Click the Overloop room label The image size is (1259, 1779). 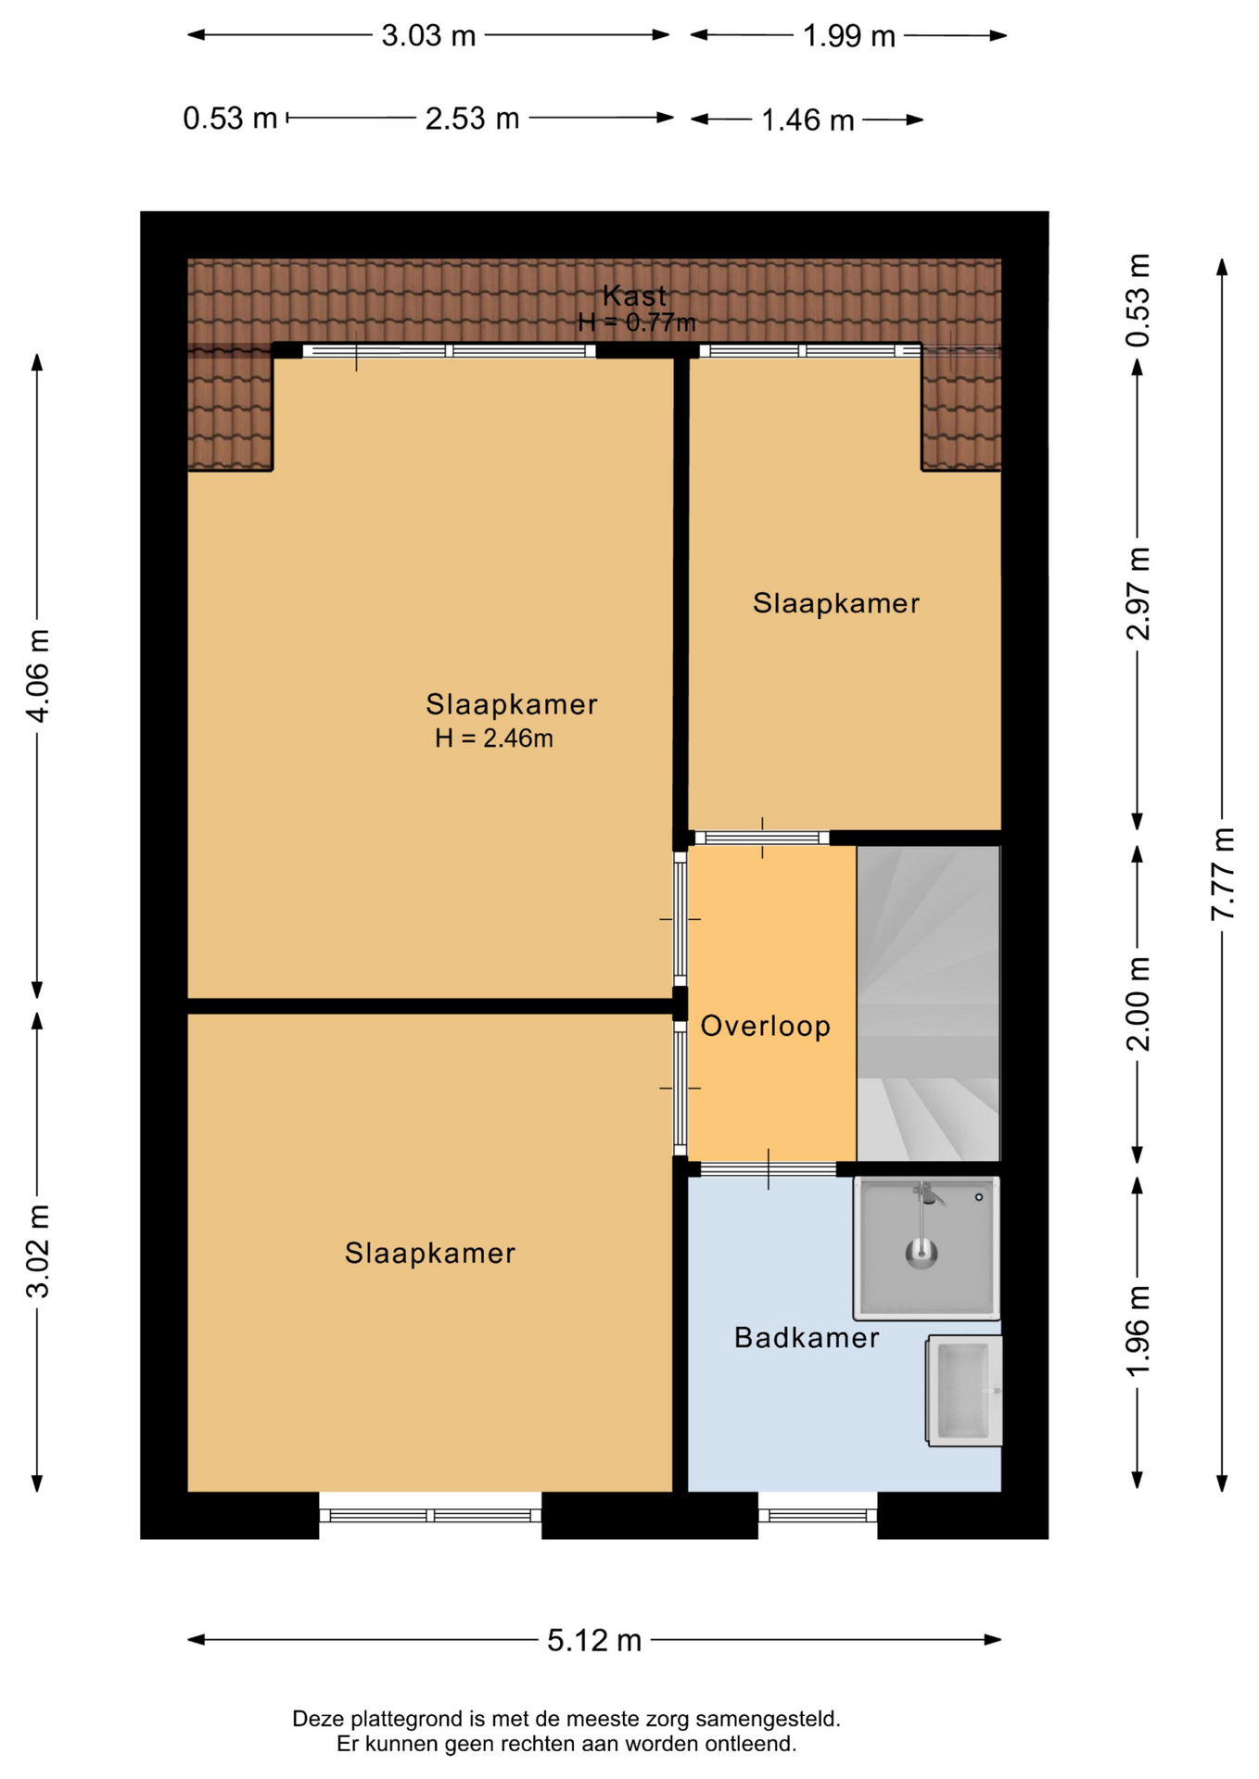(765, 1026)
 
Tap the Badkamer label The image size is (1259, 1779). (807, 1337)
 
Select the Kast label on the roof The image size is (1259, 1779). (634, 296)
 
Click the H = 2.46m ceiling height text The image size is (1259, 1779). (494, 738)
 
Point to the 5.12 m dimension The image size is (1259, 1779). (594, 1640)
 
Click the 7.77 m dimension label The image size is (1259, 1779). (1223, 874)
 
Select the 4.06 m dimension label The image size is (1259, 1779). (38, 675)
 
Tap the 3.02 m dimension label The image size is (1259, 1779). (38, 1251)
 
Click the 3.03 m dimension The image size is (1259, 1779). (428, 36)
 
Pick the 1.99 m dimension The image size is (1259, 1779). (848, 36)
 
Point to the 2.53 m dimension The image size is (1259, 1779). (472, 119)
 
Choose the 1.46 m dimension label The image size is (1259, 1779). (808, 120)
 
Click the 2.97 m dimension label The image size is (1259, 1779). (1138, 593)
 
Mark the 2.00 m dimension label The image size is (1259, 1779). (1138, 1003)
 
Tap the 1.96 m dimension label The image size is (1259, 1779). (1138, 1331)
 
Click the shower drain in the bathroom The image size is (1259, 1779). (922, 1255)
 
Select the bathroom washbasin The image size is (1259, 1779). (964, 1391)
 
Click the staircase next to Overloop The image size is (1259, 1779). (928, 1003)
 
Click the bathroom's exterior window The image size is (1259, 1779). (818, 1516)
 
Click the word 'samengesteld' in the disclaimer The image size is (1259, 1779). (768, 1719)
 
